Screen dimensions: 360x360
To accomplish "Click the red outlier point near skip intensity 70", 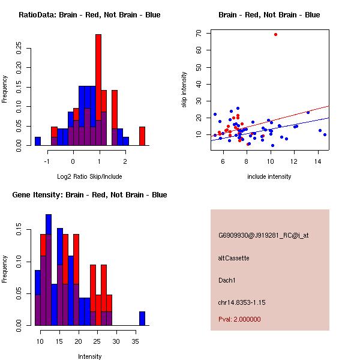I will tap(275, 34).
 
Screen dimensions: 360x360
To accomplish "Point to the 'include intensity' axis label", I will tap(269, 176).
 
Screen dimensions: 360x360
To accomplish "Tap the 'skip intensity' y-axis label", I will tap(185, 90).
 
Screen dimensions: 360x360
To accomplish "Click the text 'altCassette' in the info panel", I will tap(233, 258).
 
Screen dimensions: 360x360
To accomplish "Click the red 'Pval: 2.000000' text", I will tap(239, 319).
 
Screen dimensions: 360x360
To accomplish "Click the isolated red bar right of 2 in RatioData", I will tap(142, 136).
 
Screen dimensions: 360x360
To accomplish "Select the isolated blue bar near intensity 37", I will tap(142, 318).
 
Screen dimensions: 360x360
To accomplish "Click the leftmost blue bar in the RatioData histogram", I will tap(38, 141).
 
